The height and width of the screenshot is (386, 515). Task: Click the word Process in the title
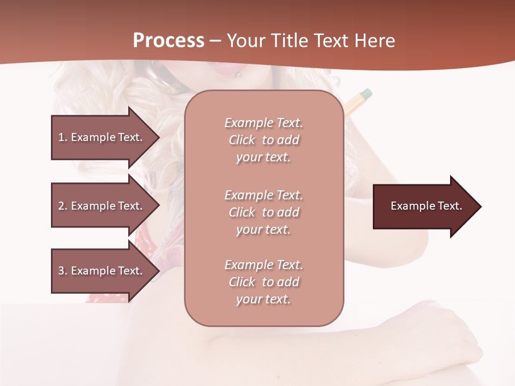click(168, 41)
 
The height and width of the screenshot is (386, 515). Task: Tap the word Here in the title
click(373, 41)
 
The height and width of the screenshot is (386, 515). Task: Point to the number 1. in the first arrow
click(63, 137)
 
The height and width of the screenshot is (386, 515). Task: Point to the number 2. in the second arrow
click(63, 206)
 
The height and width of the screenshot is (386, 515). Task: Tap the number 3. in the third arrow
click(63, 271)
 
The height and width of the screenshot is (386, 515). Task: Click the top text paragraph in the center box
click(263, 140)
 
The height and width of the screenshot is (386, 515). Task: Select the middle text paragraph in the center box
click(263, 212)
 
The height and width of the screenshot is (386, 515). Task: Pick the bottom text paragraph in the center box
click(263, 282)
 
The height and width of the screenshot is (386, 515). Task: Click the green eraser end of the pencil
click(365, 94)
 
